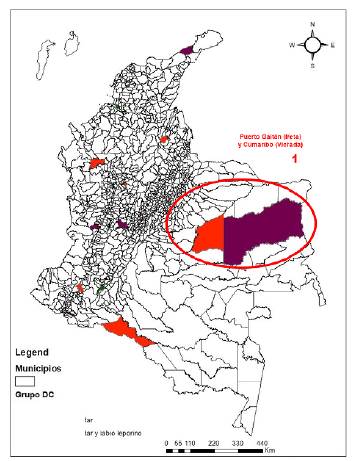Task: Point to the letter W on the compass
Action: (293, 45)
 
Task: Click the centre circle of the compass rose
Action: (312, 45)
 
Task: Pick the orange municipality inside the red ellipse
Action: (210, 238)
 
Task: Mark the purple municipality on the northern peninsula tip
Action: (185, 47)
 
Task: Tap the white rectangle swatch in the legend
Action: (27, 380)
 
